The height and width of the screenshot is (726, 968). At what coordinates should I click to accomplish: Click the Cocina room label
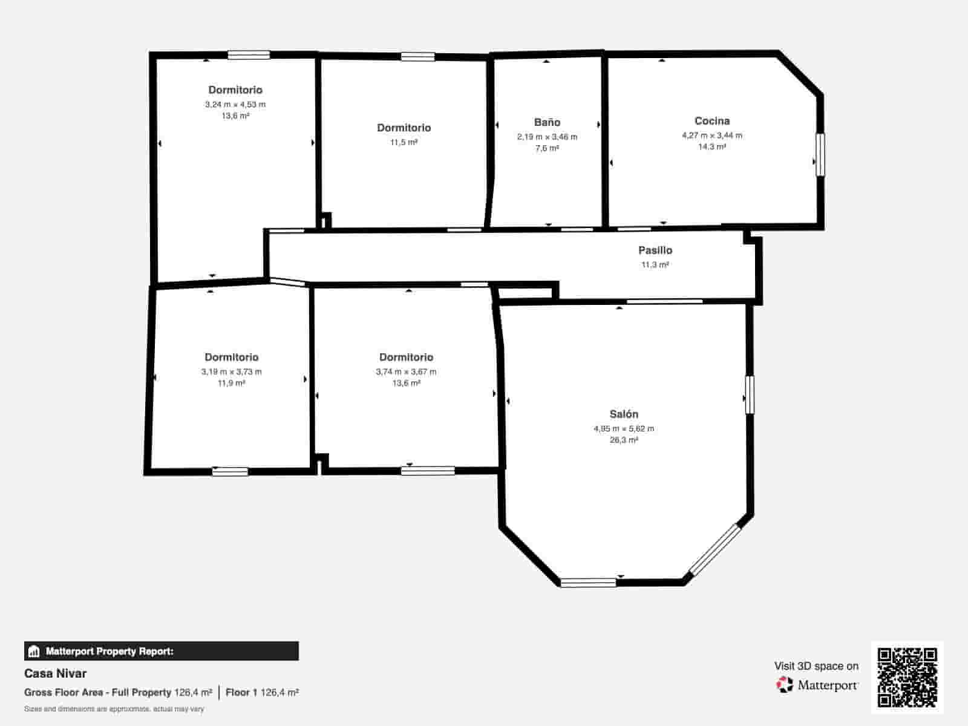[x=711, y=121]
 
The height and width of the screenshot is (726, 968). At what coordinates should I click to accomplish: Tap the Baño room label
[x=547, y=122]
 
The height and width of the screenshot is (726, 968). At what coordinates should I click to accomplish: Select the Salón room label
[x=624, y=414]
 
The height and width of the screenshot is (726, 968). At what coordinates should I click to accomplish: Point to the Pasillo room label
[x=655, y=250]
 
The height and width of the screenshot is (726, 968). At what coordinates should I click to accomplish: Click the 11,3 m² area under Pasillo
[x=655, y=265]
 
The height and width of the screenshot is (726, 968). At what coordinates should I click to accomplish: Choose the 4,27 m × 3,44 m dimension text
[x=711, y=136]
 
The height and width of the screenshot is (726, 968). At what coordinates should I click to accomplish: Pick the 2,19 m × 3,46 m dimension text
[x=547, y=137]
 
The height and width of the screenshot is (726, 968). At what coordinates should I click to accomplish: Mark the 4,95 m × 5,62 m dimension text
[x=624, y=428]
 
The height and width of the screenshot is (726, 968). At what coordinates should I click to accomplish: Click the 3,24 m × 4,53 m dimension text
[x=235, y=105]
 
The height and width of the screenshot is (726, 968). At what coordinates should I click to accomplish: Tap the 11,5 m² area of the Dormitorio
[x=404, y=142]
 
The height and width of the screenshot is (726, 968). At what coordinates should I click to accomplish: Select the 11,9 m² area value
[x=231, y=383]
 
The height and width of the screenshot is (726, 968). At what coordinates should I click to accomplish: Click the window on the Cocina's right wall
[x=820, y=155]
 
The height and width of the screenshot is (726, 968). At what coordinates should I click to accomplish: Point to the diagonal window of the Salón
[x=715, y=550]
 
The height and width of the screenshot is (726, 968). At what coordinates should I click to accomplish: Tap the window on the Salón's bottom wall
[x=588, y=583]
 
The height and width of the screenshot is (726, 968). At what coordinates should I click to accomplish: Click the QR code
[x=907, y=677]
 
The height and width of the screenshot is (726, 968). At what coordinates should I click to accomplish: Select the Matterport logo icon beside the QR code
[x=785, y=685]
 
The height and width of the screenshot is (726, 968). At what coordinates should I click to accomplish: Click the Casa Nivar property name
[x=56, y=673]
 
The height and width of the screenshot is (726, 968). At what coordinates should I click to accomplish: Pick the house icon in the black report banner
[x=34, y=651]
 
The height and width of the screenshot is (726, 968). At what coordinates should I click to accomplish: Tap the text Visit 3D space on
[x=816, y=666]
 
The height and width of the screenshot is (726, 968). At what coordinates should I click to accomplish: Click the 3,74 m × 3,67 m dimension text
[x=406, y=371]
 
